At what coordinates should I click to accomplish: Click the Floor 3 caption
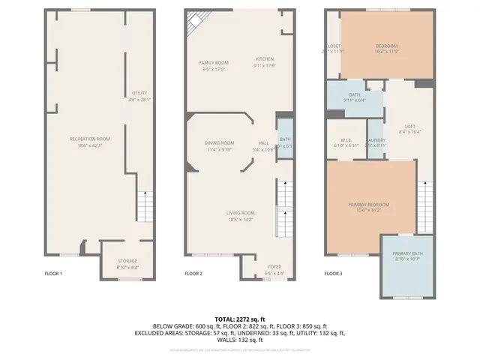[x=333, y=274]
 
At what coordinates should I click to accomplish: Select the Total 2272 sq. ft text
[x=239, y=319]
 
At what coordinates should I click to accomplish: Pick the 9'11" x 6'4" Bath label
[x=355, y=97]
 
